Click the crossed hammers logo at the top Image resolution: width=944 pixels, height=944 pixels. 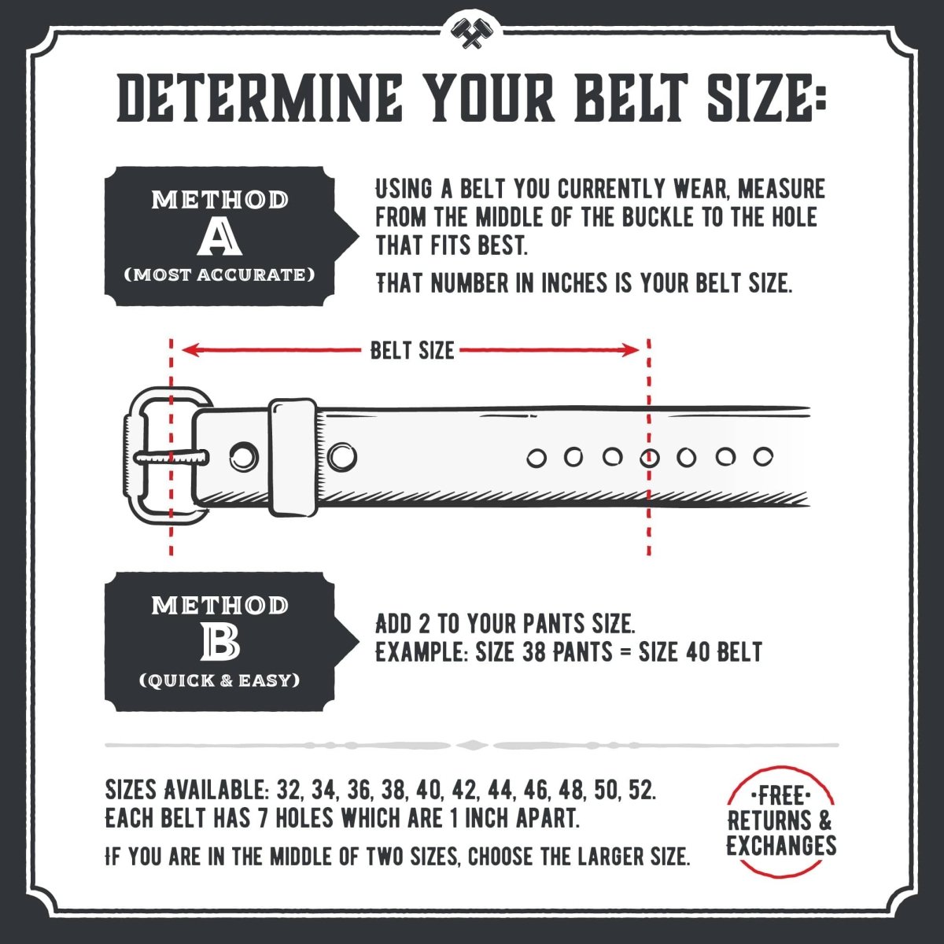pos(471,32)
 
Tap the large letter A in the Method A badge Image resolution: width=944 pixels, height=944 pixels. pos(219,237)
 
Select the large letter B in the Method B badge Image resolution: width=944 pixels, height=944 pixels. pos(219,643)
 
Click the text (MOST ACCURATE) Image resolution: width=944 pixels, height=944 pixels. pos(219,275)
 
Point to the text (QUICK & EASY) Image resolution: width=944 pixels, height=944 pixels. pos(219,680)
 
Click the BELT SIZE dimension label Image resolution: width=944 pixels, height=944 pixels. pos(412,350)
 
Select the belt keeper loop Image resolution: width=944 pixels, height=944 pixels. pos(293,457)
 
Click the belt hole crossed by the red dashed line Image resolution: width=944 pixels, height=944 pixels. pos(649,457)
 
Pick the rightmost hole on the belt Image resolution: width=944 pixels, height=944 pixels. pos(762,456)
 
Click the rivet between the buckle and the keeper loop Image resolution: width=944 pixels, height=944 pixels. pos(243,455)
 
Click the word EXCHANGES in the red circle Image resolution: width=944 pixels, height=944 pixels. pos(780,846)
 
